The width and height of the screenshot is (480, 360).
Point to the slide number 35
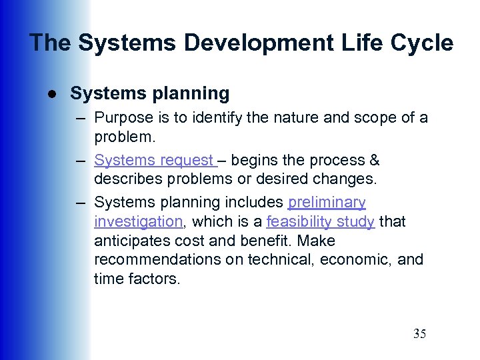(x=419, y=334)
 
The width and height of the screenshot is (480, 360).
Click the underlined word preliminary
(x=327, y=202)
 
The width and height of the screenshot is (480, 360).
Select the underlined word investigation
(x=138, y=221)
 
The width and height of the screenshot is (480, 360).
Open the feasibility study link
(x=320, y=221)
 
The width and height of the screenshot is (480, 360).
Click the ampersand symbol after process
(x=374, y=160)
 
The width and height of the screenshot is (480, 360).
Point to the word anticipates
(x=133, y=241)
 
